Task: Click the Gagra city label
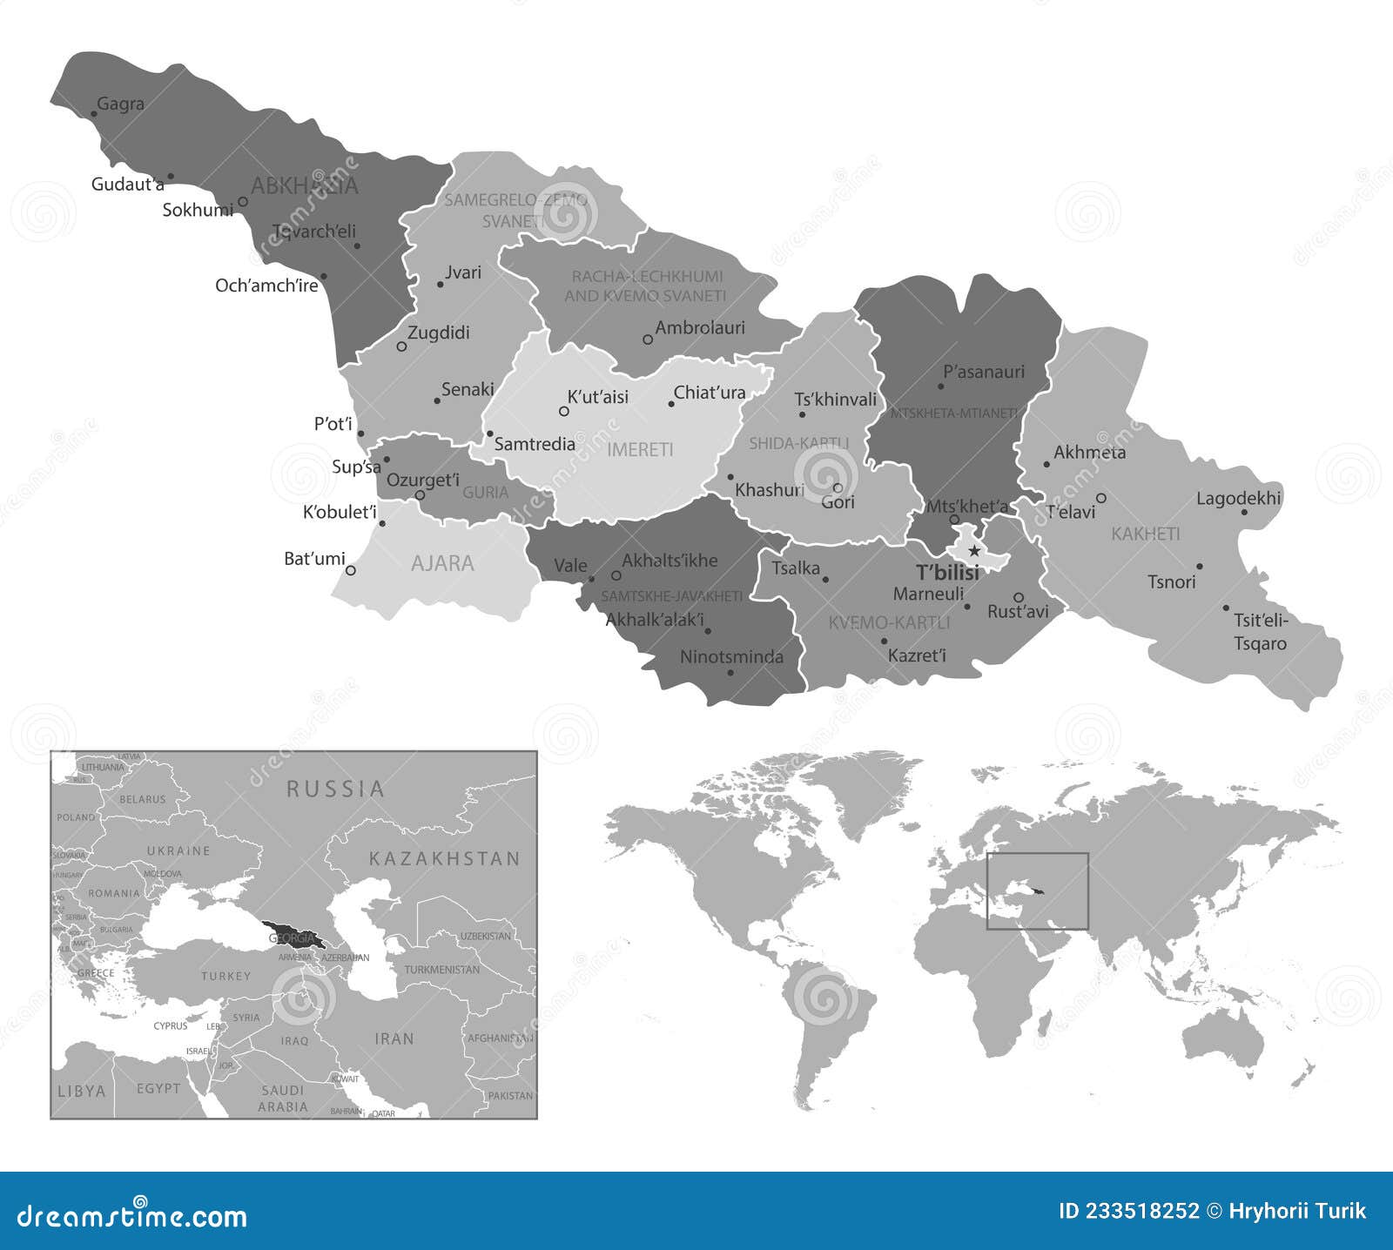[120, 104]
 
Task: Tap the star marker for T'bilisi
[974, 551]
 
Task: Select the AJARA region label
[442, 563]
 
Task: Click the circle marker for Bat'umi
[351, 570]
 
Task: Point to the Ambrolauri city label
[700, 328]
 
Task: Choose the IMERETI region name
[640, 449]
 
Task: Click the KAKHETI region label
[1146, 534]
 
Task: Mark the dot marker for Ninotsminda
[730, 672]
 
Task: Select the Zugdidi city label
[439, 333]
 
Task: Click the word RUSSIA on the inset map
[335, 789]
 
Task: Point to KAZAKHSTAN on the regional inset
[444, 858]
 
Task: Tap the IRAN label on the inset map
[394, 1038]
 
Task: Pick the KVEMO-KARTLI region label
[889, 622]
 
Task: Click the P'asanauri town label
[984, 372]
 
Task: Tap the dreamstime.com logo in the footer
[132, 1215]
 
